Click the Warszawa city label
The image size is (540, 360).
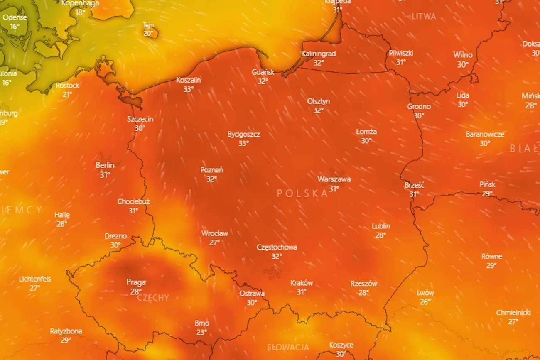click(334, 179)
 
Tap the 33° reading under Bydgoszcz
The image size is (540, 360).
click(243, 143)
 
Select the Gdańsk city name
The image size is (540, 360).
click(263, 72)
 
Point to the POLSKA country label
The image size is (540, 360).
click(302, 193)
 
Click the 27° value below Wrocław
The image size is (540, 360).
click(214, 242)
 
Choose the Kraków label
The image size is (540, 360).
click(302, 283)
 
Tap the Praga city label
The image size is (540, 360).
click(136, 282)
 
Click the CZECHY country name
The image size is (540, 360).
click(153, 298)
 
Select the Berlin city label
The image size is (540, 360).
click(105, 165)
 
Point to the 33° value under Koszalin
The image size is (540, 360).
click(189, 89)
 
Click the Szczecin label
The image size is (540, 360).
click(140, 119)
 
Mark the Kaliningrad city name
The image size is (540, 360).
click(319, 54)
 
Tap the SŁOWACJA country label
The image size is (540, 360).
click(288, 347)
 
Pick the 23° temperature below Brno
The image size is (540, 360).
click(202, 332)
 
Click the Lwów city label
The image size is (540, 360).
click(425, 293)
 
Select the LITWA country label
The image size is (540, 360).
click(424, 17)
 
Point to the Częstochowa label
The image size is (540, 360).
click(277, 247)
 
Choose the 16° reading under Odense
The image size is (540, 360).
click(15, 27)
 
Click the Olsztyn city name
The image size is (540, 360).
click(319, 101)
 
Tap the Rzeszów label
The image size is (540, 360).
click(363, 284)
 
